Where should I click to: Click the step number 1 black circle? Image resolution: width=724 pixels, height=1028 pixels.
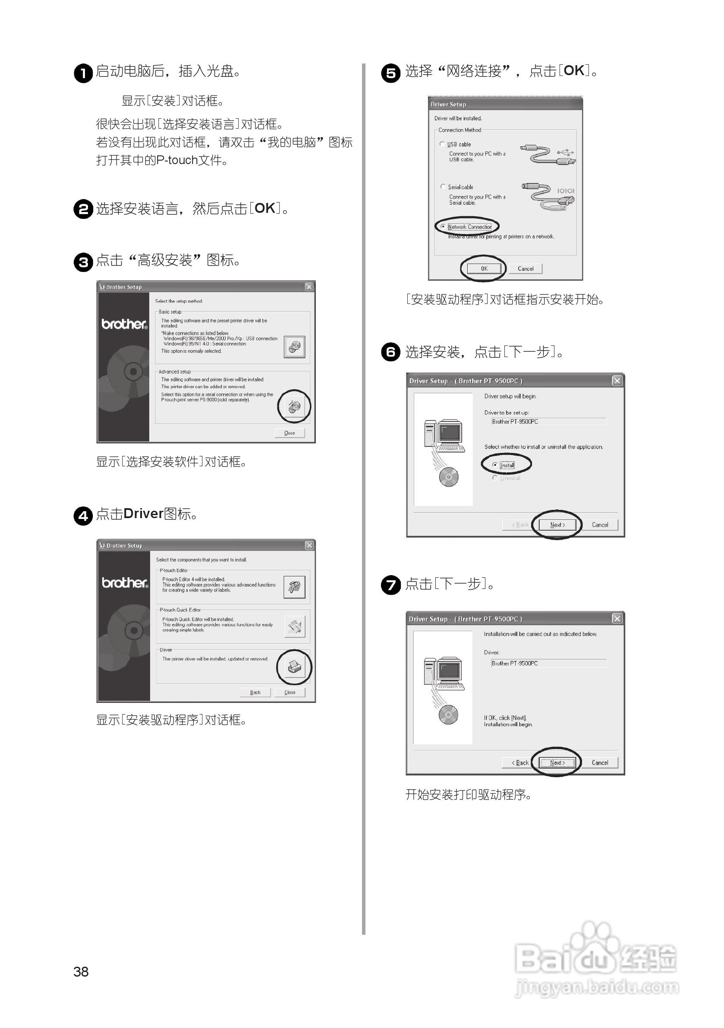tap(83, 73)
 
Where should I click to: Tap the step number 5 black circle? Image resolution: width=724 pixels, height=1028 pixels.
tap(390, 73)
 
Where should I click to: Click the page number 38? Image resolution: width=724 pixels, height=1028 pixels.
tap(81, 971)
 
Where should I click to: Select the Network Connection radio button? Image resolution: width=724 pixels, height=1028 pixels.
tap(443, 227)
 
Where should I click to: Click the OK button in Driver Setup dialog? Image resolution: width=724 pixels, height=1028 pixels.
tap(484, 269)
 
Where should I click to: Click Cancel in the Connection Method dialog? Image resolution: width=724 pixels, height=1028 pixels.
tap(526, 269)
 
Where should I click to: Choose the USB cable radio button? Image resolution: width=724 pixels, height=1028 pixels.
tap(442, 144)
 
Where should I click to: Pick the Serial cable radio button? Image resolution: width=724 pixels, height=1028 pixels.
tap(443, 187)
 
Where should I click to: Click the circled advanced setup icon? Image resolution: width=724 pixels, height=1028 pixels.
tap(294, 407)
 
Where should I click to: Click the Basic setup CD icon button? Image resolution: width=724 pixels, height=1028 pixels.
tap(294, 347)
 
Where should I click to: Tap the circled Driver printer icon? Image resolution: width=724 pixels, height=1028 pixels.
tap(294, 667)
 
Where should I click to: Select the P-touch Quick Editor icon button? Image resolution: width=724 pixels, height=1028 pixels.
tap(294, 626)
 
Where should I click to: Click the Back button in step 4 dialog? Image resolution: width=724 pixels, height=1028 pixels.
tap(255, 692)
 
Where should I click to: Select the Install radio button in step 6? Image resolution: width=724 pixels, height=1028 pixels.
tap(494, 465)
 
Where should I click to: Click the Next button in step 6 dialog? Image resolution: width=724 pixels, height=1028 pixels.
tap(557, 525)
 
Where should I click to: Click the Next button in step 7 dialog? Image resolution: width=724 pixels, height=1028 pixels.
tap(557, 762)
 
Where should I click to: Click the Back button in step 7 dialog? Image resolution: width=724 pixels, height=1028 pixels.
tap(520, 762)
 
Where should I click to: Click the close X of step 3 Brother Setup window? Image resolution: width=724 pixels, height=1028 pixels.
tap(309, 287)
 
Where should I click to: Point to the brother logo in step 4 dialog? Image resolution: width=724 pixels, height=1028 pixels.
tap(124, 582)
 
